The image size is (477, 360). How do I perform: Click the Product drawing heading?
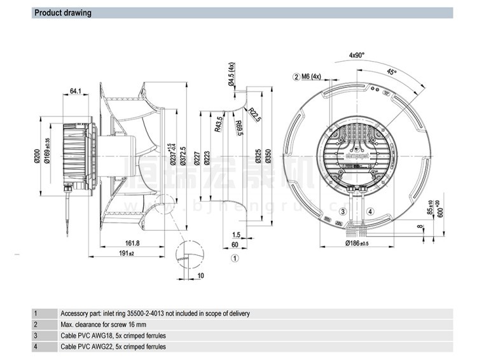(x=62, y=13)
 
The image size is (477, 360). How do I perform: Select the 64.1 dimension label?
(x=74, y=92)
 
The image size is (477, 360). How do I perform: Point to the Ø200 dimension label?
(x=36, y=156)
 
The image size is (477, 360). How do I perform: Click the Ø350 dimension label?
(x=269, y=156)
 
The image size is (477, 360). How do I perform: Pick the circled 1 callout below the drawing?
(x=234, y=258)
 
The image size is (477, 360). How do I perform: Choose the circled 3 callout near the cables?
(x=342, y=212)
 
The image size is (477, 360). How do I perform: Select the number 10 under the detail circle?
(x=201, y=275)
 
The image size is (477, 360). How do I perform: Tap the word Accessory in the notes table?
(x=74, y=314)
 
